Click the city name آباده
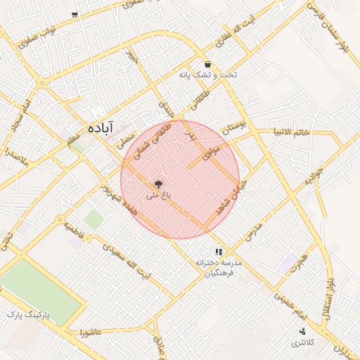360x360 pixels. tap(103, 129)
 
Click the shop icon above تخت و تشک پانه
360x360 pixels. tap(207, 63)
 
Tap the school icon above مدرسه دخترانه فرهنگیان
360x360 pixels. tap(219, 251)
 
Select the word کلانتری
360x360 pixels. tap(304, 342)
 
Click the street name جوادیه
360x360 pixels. tap(313, 176)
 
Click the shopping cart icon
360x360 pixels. tap(75, 15)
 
